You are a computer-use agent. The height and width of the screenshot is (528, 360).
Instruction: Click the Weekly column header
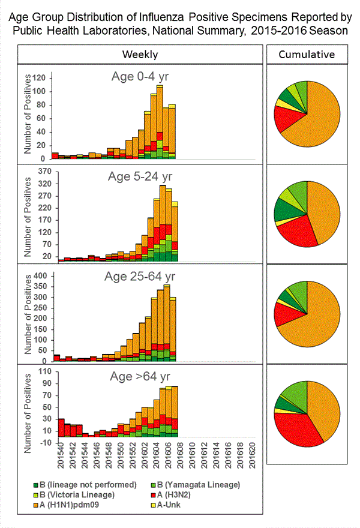[140, 55]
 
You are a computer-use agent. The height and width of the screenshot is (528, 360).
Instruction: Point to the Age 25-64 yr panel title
[142, 277]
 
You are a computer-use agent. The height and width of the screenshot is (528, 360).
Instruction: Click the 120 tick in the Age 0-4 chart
[41, 78]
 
